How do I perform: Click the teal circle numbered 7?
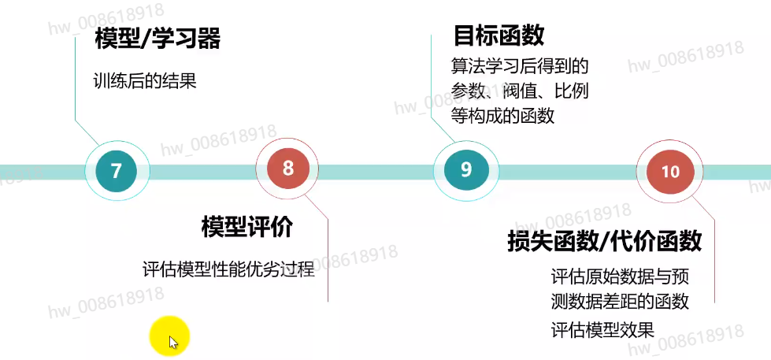click(x=117, y=170)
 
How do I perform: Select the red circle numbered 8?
click(x=287, y=167)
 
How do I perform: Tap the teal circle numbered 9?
click(x=465, y=169)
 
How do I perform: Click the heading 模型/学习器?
click(x=157, y=39)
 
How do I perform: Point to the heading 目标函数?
click(x=499, y=35)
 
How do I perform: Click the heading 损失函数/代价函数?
click(x=604, y=241)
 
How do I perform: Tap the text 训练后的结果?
click(x=144, y=80)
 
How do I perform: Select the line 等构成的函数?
click(x=502, y=115)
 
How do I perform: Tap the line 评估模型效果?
click(x=602, y=329)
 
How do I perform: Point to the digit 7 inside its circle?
click(x=117, y=171)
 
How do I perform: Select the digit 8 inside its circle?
click(x=287, y=167)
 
